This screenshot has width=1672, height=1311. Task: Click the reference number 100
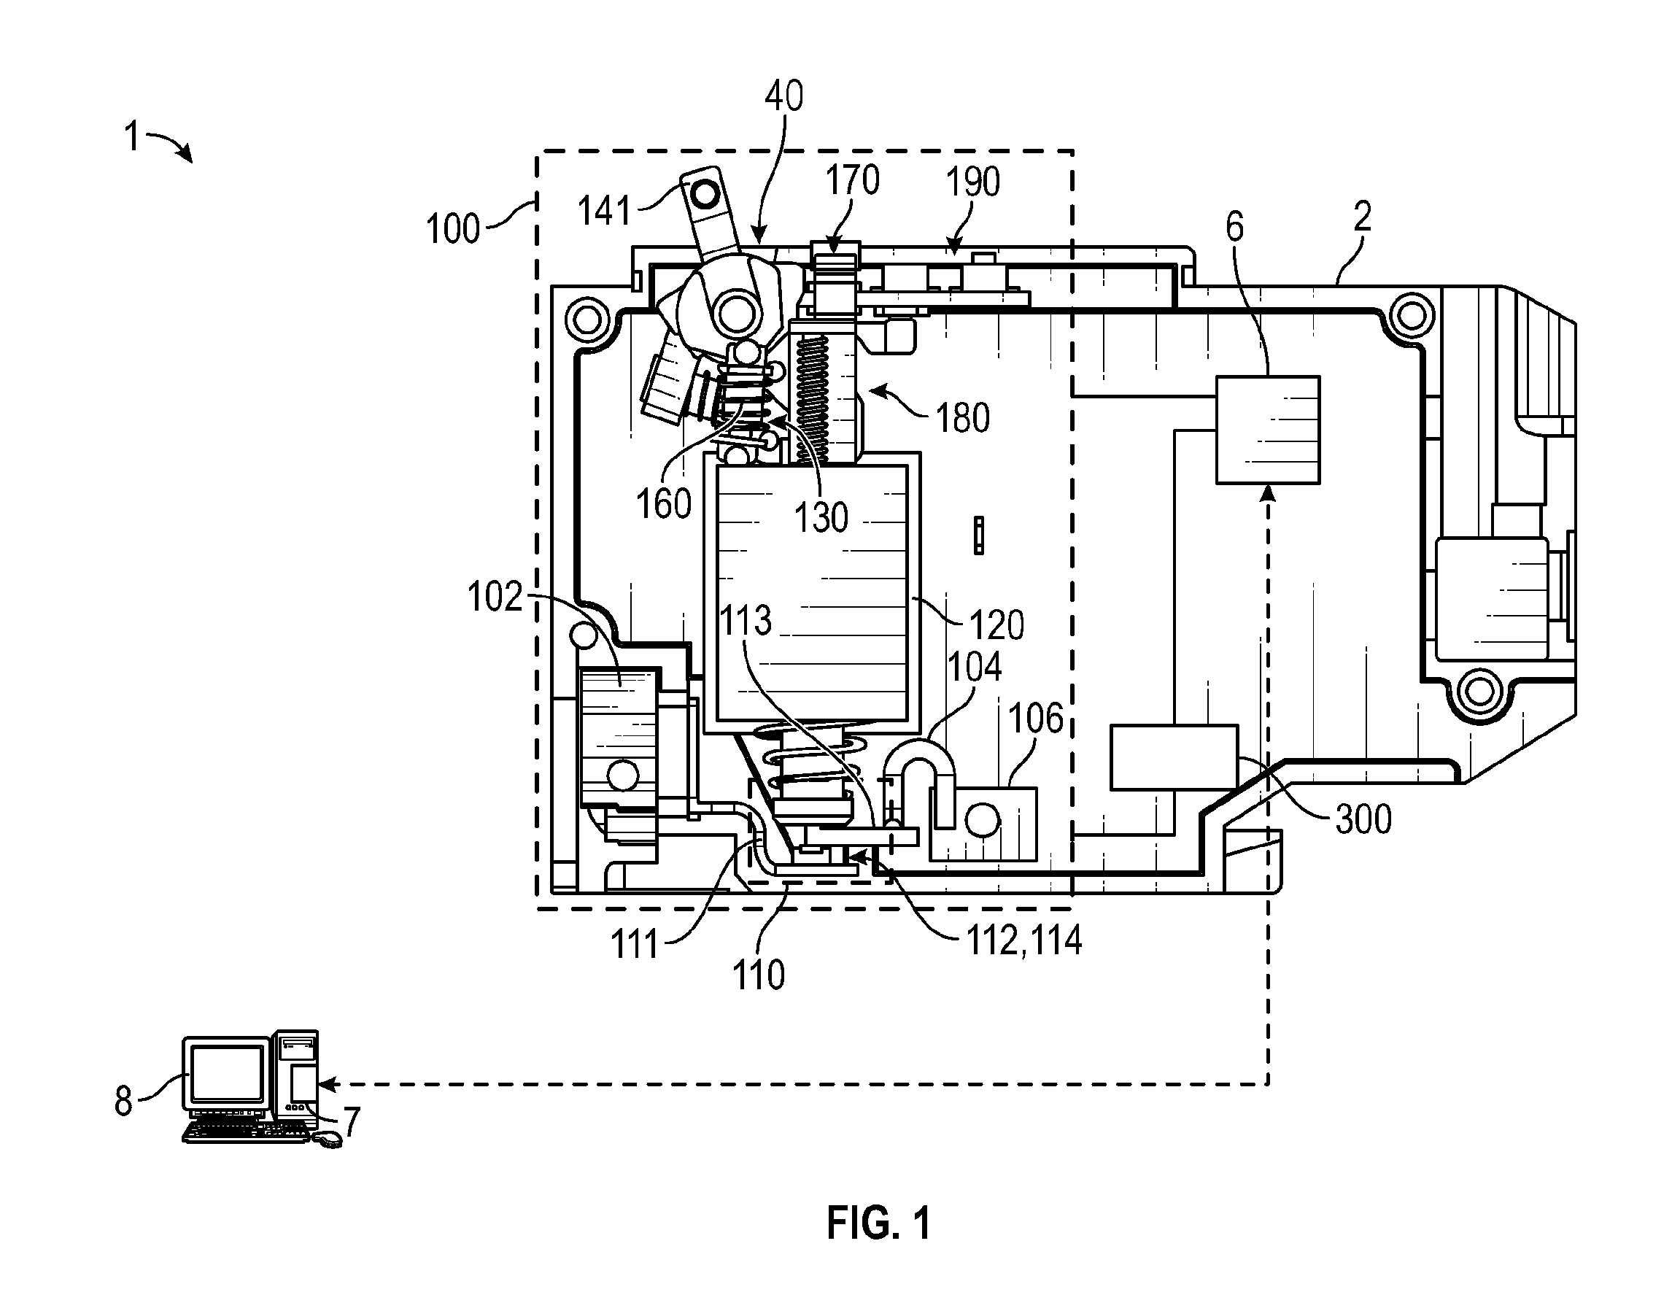click(x=453, y=229)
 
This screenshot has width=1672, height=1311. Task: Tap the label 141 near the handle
click(x=605, y=210)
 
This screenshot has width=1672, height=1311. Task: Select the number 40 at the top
click(x=784, y=97)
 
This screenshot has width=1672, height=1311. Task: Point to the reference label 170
click(x=852, y=181)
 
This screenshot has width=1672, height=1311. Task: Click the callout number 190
click(x=973, y=182)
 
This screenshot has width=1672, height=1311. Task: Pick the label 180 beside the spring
click(x=963, y=418)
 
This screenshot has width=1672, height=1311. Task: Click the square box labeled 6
click(x=1268, y=430)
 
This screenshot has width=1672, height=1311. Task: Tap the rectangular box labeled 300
click(x=1174, y=757)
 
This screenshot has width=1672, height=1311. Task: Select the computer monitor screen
click(x=227, y=1074)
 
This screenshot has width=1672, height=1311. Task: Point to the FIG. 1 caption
click(x=878, y=1223)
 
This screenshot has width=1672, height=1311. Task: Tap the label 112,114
click(x=1024, y=940)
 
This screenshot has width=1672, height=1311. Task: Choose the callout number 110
click(x=759, y=975)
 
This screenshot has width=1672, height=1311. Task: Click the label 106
click(x=1036, y=719)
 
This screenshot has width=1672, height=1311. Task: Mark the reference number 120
click(x=996, y=625)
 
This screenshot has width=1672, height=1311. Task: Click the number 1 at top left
click(x=132, y=137)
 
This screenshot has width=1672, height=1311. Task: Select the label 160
click(x=664, y=504)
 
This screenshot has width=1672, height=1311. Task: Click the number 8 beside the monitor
click(x=123, y=1102)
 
